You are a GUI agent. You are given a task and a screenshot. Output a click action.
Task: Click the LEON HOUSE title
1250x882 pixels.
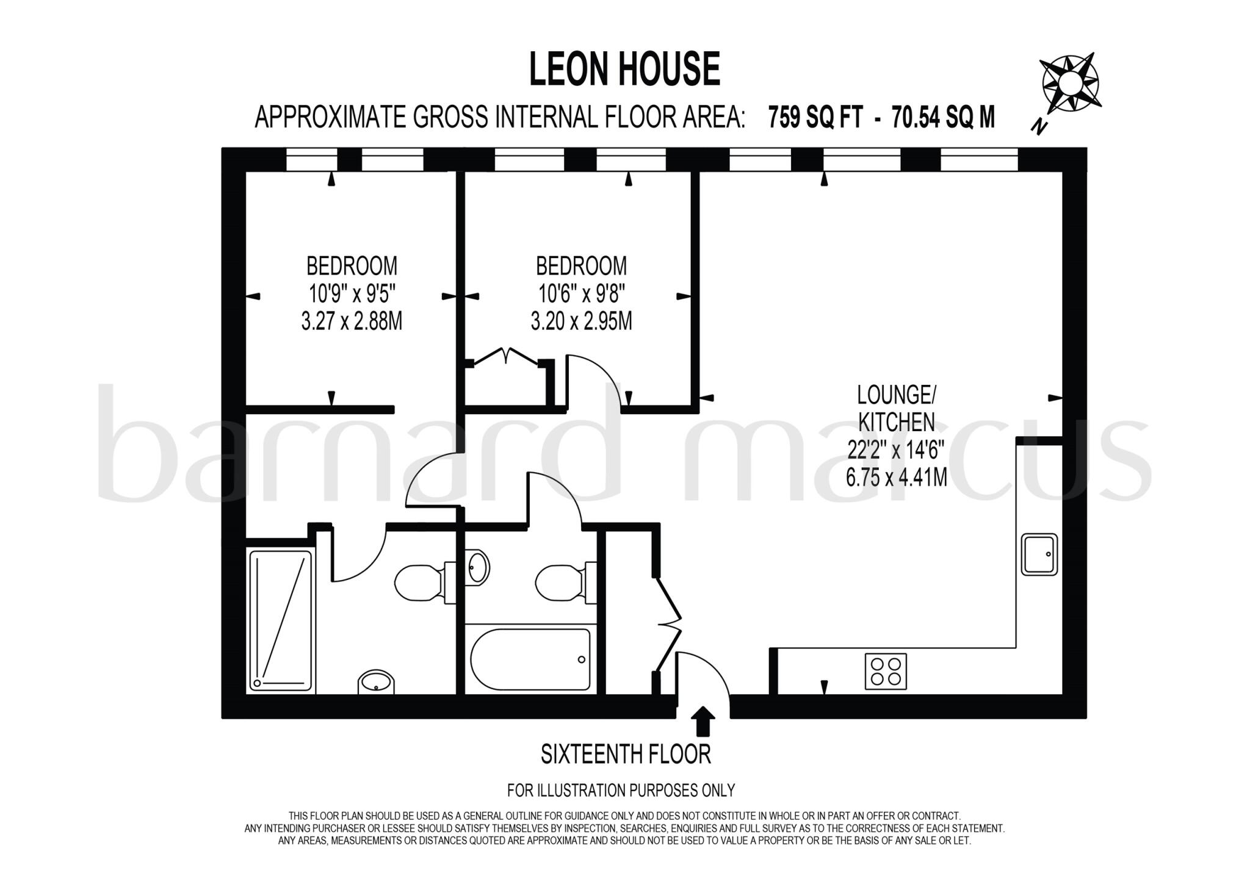point(624,69)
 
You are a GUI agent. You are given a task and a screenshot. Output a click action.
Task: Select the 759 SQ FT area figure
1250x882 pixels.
point(815,117)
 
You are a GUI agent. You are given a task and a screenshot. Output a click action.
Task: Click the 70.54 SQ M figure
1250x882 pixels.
point(943,117)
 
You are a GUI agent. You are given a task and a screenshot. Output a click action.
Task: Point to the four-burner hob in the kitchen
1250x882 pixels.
point(886,671)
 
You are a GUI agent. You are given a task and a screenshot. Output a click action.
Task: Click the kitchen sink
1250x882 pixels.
point(1039,554)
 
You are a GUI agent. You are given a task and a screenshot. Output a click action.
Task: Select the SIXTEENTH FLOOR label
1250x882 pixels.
point(626,755)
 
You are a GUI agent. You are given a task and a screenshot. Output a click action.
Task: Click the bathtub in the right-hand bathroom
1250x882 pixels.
point(530,659)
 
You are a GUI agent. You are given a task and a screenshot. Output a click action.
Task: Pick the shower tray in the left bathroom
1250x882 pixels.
point(281,620)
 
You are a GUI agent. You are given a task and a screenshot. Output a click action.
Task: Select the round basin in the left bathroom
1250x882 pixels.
point(376,682)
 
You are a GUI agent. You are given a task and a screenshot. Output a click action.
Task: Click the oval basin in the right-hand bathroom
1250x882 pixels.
point(478,566)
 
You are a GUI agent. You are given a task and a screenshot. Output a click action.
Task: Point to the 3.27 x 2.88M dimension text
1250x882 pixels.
point(352,321)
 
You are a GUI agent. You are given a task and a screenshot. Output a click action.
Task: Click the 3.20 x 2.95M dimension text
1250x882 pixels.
point(581,321)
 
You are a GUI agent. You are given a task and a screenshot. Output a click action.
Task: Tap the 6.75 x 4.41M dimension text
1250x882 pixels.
point(896,477)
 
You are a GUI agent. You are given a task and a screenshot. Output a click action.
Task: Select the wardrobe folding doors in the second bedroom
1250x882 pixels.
point(506,356)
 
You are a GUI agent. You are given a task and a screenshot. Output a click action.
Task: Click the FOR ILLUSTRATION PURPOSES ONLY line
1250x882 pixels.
point(621,791)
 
